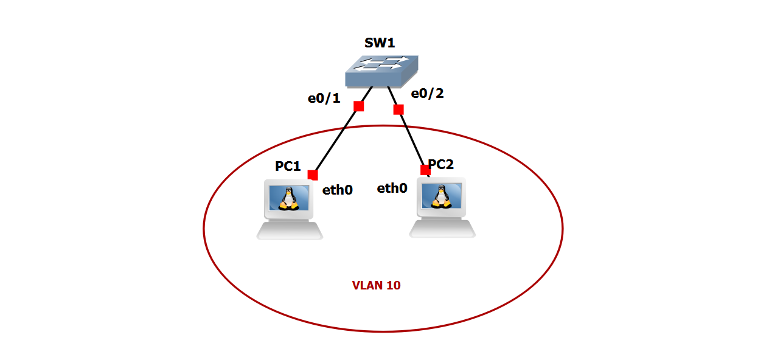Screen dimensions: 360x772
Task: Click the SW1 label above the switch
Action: tap(380, 43)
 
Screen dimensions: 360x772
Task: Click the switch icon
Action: tap(381, 72)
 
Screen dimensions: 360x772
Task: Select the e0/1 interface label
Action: tap(324, 98)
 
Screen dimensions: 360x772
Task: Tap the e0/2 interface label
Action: tap(427, 94)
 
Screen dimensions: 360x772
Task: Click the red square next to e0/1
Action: tap(358, 106)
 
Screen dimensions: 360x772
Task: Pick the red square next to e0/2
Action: tap(398, 109)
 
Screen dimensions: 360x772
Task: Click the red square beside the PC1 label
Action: tap(313, 175)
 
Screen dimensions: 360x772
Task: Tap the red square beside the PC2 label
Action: tap(425, 170)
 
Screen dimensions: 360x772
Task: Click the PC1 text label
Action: tap(288, 166)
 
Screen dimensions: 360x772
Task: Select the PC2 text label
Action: tap(441, 164)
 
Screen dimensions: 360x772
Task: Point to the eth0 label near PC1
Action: tap(338, 190)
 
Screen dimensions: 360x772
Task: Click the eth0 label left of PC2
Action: tap(392, 188)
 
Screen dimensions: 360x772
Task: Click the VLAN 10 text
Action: tap(376, 285)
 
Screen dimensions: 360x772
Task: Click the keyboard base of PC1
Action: tap(290, 230)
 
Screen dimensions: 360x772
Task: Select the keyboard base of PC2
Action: tap(442, 228)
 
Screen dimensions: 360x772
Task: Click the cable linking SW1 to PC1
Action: tap(336, 140)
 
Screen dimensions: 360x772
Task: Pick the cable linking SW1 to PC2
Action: tap(412, 139)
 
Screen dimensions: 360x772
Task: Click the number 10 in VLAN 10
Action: tap(393, 285)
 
